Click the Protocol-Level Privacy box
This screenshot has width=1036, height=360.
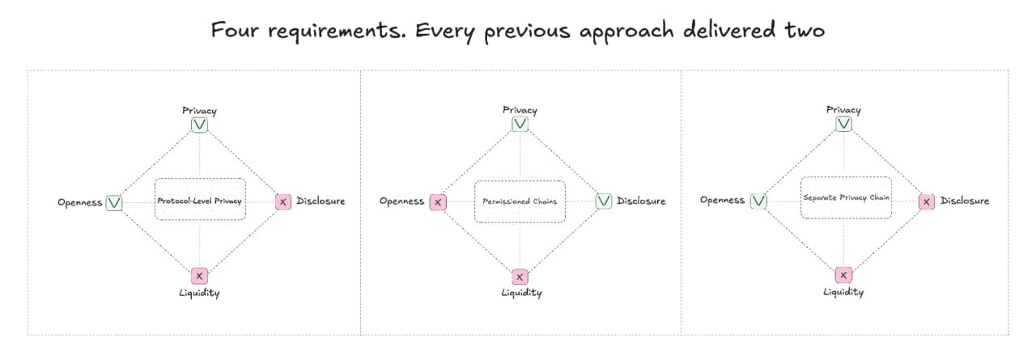tap(199, 199)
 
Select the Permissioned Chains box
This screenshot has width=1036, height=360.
tap(520, 201)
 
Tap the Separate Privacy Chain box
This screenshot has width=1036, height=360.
tap(846, 197)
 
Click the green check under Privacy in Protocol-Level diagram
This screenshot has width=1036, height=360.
tap(199, 125)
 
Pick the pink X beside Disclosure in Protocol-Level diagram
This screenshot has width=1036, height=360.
tap(282, 201)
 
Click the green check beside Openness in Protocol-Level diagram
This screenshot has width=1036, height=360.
tap(114, 202)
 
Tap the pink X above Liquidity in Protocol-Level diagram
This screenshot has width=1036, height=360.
tap(199, 276)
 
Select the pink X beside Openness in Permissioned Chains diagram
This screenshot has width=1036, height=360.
tap(437, 201)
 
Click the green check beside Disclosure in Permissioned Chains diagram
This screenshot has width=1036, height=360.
tap(604, 201)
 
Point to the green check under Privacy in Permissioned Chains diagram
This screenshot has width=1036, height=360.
tap(520, 124)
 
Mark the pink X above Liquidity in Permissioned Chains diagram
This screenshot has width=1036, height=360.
tap(520, 277)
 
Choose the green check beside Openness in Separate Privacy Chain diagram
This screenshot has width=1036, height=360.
tap(758, 201)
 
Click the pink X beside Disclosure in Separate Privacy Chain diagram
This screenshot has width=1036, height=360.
tap(928, 201)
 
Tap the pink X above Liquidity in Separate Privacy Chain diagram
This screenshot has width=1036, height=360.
tap(843, 275)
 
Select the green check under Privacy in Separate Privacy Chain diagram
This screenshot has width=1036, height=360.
tap(843, 124)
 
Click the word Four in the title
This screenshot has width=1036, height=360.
tap(230, 31)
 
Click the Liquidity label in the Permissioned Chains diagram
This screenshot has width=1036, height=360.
tap(520, 293)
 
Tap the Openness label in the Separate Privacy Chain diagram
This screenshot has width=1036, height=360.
tap(722, 201)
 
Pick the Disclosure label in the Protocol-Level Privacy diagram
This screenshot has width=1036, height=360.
tap(321, 201)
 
